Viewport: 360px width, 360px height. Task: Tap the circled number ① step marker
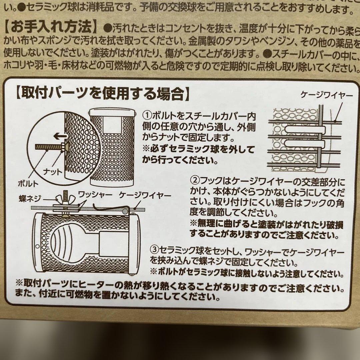coord(147,115)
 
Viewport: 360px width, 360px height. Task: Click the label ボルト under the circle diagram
coord(28,183)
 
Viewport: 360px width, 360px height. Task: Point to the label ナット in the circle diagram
coord(53,172)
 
